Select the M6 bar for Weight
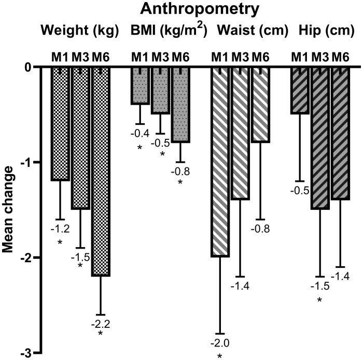(x=101, y=171)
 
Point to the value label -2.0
(x=220, y=343)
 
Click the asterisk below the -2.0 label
(x=220, y=356)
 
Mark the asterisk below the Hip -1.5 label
(x=320, y=300)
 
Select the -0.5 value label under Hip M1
(x=300, y=191)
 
